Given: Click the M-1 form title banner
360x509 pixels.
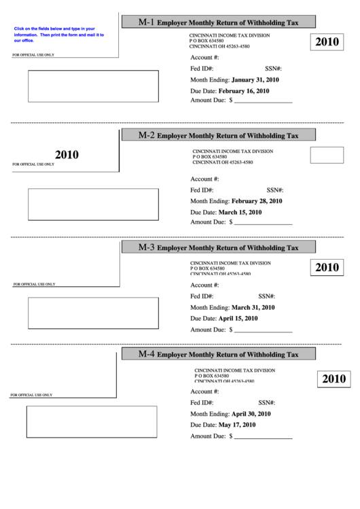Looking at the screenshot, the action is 218,22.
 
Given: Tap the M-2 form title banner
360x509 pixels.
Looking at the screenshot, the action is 218,135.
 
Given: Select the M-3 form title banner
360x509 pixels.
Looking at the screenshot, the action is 218,247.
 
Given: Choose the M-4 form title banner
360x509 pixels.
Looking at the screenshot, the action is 218,354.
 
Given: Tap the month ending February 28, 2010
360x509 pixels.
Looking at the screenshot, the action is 256,201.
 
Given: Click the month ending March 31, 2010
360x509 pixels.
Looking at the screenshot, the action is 253,307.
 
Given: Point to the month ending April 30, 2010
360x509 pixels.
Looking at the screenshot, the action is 251,414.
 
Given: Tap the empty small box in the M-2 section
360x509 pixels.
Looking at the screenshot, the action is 327,155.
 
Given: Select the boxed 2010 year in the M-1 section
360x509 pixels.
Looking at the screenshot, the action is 327,43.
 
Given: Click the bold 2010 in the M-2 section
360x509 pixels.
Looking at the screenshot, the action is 67,155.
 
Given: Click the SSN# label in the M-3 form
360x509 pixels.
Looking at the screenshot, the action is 266,296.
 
